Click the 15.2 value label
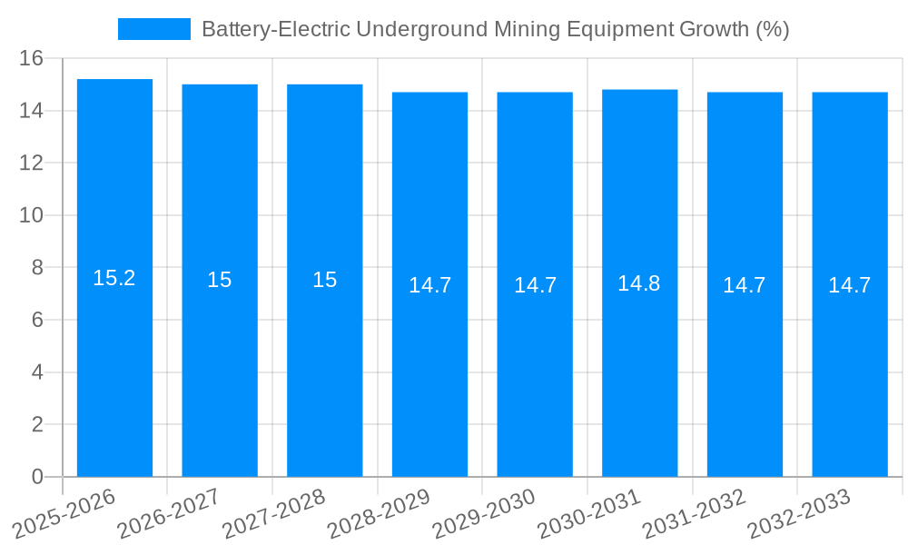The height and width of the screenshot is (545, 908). pos(114,278)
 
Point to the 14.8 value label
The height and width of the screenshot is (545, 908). pos(639,283)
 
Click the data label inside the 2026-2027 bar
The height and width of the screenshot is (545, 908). pos(220,280)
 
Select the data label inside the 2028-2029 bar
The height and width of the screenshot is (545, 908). pos(429,285)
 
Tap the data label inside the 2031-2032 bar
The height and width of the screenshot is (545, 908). pos(745,285)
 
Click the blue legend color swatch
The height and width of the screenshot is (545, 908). pos(154,29)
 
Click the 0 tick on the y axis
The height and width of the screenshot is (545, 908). pos(37,477)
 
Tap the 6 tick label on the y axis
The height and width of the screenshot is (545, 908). pos(37,320)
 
